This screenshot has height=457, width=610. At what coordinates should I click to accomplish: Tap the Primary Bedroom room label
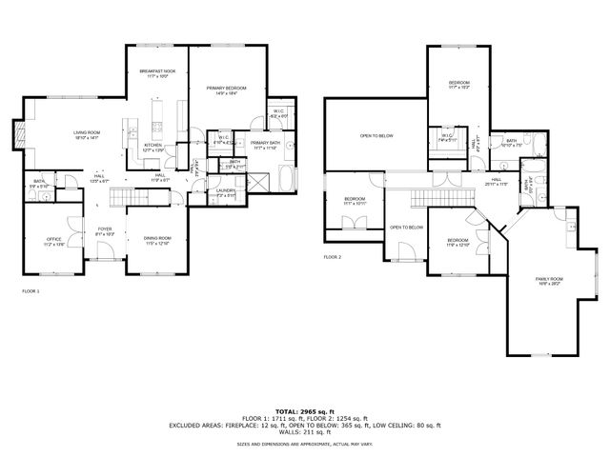point(226,88)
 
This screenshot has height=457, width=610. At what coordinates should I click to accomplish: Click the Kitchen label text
point(153,146)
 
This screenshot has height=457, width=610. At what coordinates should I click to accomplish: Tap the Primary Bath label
point(265,144)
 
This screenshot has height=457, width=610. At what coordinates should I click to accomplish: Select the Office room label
point(53,240)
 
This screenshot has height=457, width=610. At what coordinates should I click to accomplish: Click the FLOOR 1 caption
point(30,290)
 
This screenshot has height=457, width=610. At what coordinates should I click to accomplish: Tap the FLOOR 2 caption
point(332,257)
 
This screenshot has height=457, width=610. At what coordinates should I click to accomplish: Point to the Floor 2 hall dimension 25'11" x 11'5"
point(497,183)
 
